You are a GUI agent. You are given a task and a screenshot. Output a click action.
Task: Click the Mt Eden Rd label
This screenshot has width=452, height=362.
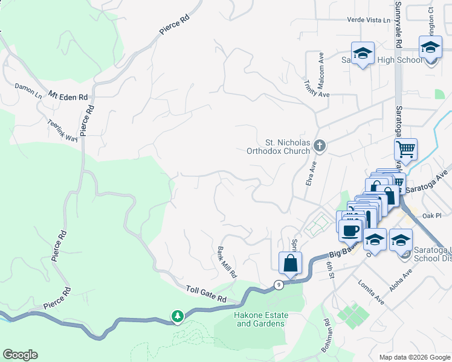tap(68, 96)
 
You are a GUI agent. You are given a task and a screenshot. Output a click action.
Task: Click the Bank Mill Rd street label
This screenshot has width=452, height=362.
tap(227, 262)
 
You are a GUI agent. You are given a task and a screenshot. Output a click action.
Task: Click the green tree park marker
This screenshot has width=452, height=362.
tap(177, 316)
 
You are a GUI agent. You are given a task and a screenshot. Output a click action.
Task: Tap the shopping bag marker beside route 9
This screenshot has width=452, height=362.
tap(290, 264)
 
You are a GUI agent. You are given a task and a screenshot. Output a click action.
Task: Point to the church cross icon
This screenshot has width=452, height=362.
tap(320, 145)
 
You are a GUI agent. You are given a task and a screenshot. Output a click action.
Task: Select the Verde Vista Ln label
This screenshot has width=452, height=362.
tap(369, 20)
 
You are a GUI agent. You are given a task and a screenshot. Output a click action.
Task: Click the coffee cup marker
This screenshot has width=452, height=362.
tap(350, 230)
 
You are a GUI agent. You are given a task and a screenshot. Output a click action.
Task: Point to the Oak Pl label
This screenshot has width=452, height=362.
tap(433, 215)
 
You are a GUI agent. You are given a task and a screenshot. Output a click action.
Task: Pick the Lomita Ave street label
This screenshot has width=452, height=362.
tap(371, 291)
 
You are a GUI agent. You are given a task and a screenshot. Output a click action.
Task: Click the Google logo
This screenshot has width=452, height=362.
tap(20, 355)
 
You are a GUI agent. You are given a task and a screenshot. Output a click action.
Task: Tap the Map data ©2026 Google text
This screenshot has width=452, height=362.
tap(414, 357)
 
